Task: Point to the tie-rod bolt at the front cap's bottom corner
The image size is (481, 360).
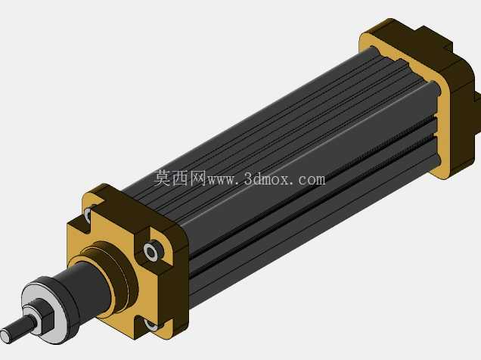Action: pos(151,324)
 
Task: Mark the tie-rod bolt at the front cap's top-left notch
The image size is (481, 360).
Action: pos(88,214)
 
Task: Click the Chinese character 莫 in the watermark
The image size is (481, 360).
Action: pos(163,178)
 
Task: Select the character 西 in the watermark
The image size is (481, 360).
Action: pos(180,178)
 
